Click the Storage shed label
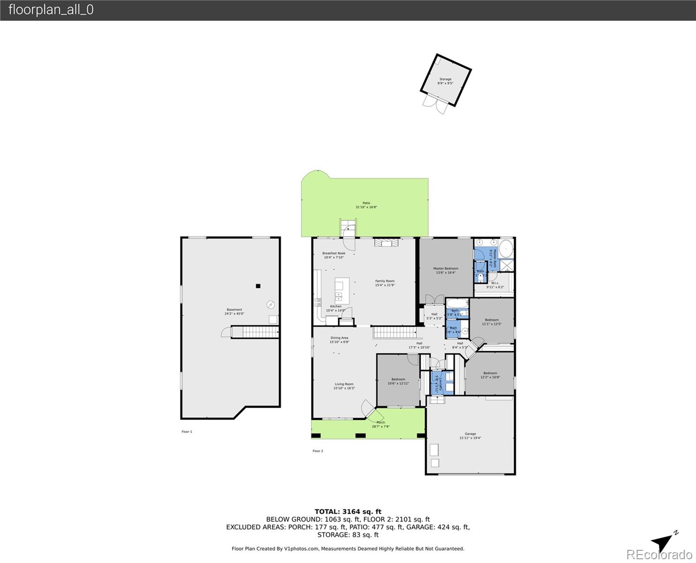click(x=445, y=81)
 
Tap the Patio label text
click(x=366, y=205)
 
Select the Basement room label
click(x=235, y=312)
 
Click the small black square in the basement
click(x=257, y=286)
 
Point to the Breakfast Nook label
click(x=334, y=255)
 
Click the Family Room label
click(x=385, y=283)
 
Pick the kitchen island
click(x=342, y=289)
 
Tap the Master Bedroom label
click(x=446, y=270)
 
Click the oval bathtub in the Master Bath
click(x=506, y=249)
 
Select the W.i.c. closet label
click(x=495, y=285)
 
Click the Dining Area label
click(x=340, y=340)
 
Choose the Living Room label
click(x=344, y=386)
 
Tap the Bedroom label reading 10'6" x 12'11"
click(x=398, y=381)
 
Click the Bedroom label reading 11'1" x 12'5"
click(x=492, y=322)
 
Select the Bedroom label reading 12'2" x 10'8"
click(x=490, y=375)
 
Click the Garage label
click(x=470, y=436)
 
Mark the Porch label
click(x=381, y=424)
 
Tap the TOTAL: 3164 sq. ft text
click(x=348, y=512)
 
